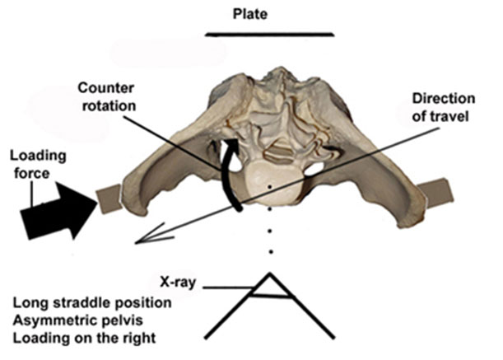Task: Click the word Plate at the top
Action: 250,14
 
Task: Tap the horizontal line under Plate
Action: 270,34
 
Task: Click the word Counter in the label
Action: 105,87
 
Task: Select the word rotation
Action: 109,106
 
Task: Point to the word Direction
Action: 444,98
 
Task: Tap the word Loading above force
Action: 38,156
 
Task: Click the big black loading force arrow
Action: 59,211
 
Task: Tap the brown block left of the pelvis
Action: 109,199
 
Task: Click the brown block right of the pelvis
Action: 435,193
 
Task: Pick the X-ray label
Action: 177,283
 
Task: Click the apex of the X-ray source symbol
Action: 270,274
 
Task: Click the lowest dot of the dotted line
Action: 271,252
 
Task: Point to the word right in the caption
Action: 142,339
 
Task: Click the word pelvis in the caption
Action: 126,320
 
